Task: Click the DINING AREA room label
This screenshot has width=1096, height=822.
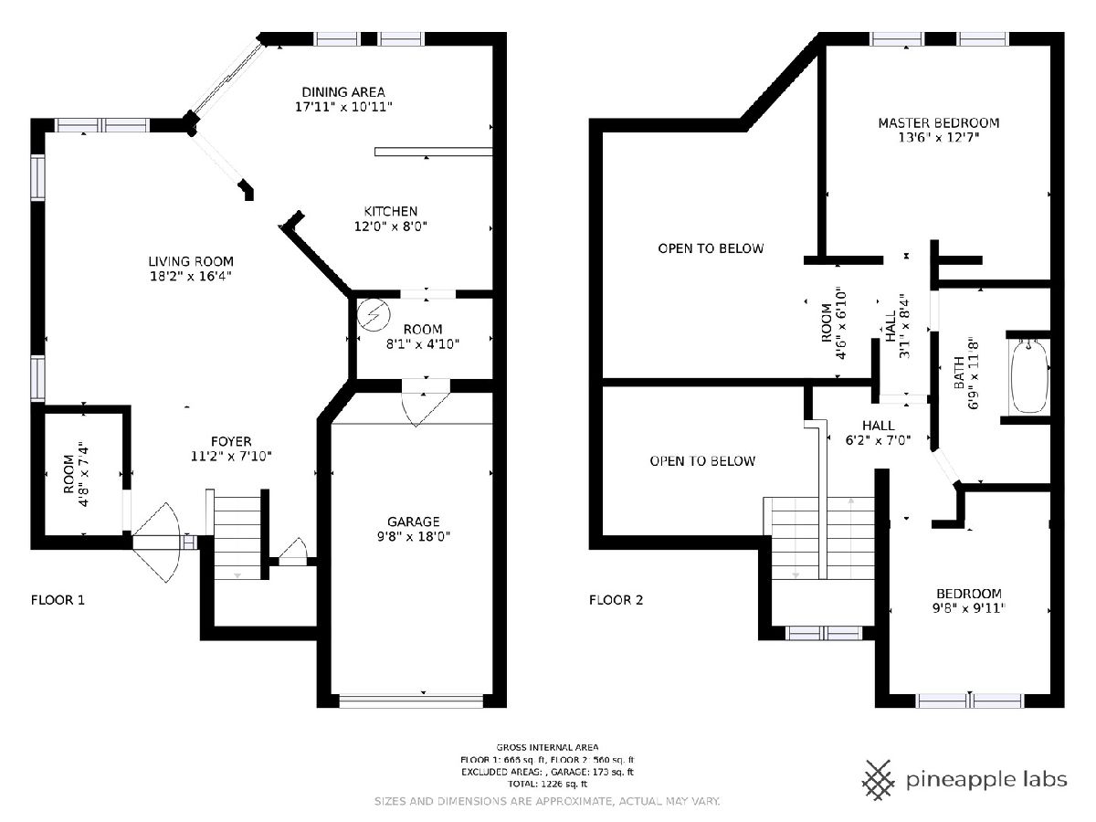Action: (x=343, y=92)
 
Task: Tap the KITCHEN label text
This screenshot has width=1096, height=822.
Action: (x=391, y=211)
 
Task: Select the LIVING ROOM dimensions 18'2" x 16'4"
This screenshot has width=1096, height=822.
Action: (x=191, y=276)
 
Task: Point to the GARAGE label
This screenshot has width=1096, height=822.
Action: (x=414, y=522)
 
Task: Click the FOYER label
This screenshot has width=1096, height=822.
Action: (x=231, y=441)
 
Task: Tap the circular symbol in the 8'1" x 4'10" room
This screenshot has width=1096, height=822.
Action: (x=374, y=314)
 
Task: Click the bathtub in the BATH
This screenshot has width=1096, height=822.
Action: (x=1029, y=377)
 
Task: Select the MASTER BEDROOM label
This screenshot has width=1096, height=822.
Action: (x=939, y=122)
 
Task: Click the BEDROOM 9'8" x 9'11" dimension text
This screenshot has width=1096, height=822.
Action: (x=969, y=608)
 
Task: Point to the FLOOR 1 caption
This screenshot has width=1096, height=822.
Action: (x=58, y=599)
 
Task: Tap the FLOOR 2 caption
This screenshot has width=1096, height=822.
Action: (x=616, y=599)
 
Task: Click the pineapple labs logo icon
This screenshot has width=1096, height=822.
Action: (x=879, y=780)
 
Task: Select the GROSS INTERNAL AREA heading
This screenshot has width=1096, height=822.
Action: (x=547, y=747)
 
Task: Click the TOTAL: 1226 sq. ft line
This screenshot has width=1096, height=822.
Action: (x=547, y=784)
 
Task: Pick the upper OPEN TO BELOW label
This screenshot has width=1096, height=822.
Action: (x=711, y=248)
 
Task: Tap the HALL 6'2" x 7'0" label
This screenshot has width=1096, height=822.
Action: (x=879, y=433)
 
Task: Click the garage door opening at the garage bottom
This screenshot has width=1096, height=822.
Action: (x=411, y=701)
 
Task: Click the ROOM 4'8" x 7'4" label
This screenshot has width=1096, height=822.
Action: (x=76, y=474)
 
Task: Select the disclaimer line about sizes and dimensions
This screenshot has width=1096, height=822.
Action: (x=547, y=802)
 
